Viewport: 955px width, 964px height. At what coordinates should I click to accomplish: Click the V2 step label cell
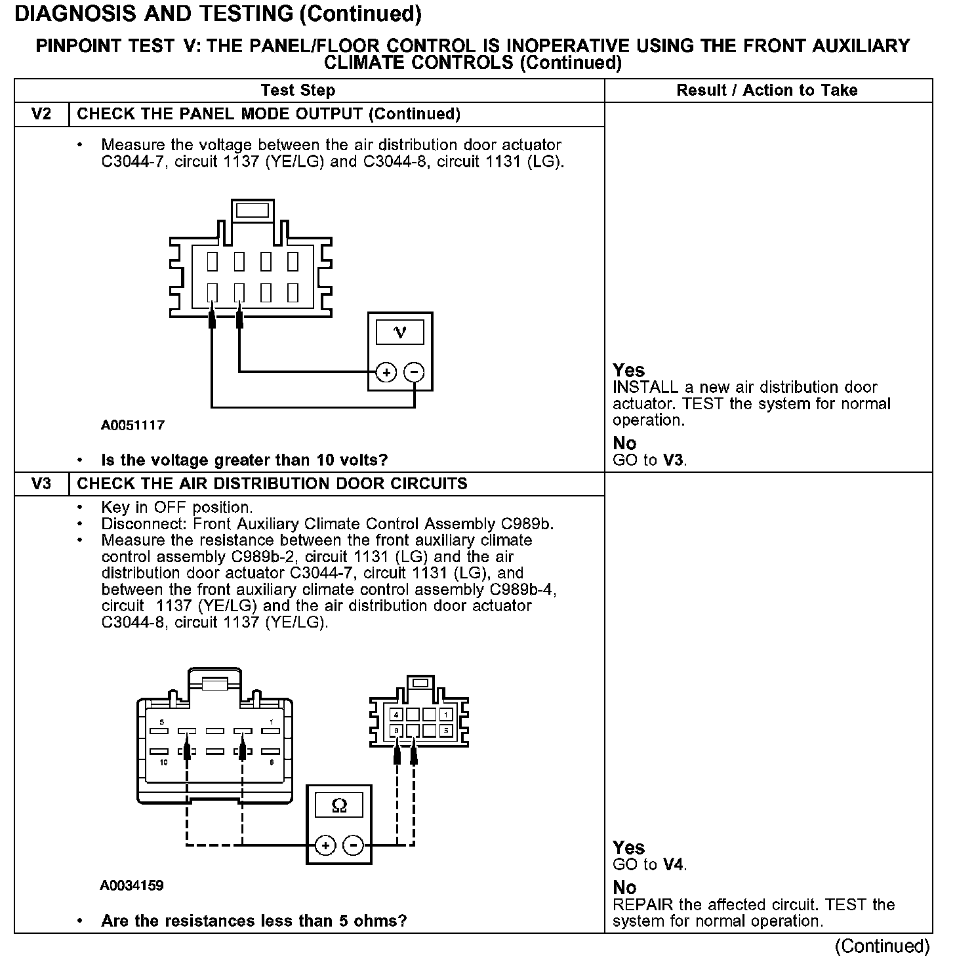click(x=41, y=114)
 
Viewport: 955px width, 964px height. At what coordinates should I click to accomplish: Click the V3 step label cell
click(x=41, y=484)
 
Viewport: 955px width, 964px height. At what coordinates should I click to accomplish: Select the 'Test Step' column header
click(x=298, y=90)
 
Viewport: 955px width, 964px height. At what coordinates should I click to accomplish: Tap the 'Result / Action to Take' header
click(x=767, y=90)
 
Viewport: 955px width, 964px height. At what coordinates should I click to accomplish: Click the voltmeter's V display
click(x=399, y=332)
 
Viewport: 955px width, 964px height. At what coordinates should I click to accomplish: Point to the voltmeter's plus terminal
click(x=386, y=373)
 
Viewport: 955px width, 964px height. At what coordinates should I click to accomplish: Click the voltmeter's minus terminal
click(x=414, y=373)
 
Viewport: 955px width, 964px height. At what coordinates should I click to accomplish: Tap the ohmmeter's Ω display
click(x=339, y=805)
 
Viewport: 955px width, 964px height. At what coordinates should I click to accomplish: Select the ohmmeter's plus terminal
click(x=325, y=845)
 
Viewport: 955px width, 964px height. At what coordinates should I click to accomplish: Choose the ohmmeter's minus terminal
click(x=354, y=845)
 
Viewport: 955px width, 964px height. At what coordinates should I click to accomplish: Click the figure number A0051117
click(x=132, y=426)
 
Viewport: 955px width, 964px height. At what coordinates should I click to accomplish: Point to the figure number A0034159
click(x=132, y=886)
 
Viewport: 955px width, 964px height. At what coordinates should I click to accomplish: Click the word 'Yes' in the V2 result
click(x=628, y=370)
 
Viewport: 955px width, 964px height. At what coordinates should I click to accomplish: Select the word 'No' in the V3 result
click(x=624, y=887)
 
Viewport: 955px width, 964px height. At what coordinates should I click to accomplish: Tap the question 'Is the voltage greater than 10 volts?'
click(x=244, y=460)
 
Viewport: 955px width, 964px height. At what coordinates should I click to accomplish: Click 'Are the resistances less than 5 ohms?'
click(x=254, y=921)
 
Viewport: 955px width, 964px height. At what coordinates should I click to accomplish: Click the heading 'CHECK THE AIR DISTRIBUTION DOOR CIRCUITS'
click(x=272, y=484)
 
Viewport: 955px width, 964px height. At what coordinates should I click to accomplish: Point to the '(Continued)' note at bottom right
click(x=882, y=946)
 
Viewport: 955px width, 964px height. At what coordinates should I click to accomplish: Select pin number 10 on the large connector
click(x=163, y=763)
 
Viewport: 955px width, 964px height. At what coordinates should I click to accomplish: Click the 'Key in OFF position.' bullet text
click(x=177, y=508)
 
